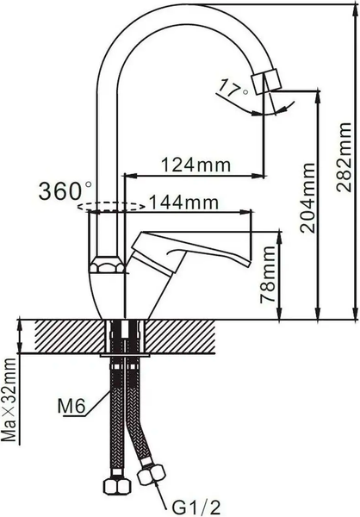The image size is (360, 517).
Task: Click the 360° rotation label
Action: pyautogui.click(x=66, y=190)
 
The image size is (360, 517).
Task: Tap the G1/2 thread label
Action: pyautogui.click(x=190, y=501)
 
